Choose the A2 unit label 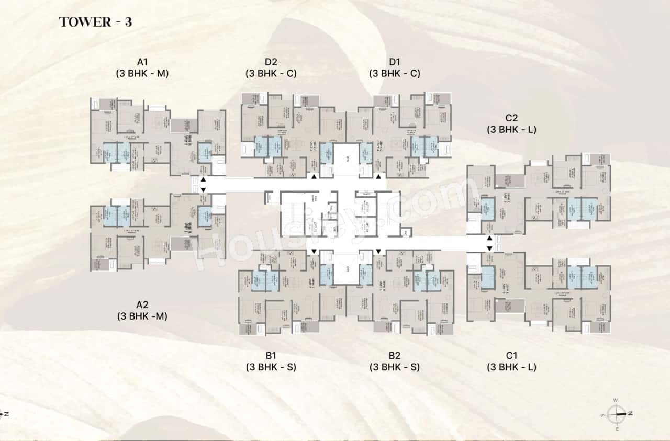pos(142,304)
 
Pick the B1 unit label pos(271,356)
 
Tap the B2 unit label pos(394,356)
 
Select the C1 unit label pos(511,356)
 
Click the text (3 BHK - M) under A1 pos(142,74)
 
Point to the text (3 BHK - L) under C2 pos(511,129)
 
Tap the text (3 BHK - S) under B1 pos(271,367)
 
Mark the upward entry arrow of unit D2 pos(314,178)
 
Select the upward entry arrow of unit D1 pos(378,178)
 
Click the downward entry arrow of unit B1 pos(314,252)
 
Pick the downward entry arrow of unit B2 pos(378,252)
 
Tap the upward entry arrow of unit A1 pos(203,179)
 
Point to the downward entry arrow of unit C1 pos(489,248)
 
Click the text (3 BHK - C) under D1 pos(394,74)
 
